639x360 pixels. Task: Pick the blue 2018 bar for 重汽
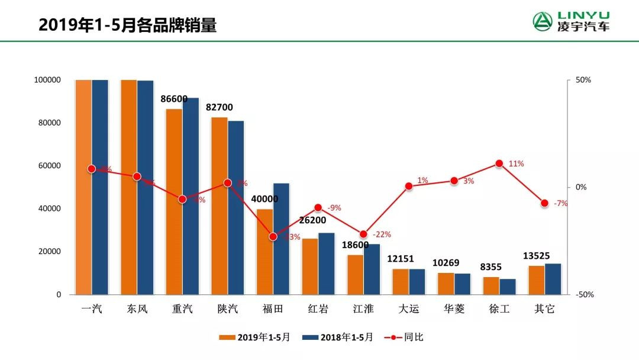191,196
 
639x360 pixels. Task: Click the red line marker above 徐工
499,163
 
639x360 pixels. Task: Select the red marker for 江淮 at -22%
363,234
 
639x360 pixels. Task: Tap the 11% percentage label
516,163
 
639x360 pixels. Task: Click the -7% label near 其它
560,203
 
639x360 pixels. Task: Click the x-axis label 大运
408,308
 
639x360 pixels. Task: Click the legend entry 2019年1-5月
255,337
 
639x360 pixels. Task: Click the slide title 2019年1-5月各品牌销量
127,25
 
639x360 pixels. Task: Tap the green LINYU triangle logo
542,22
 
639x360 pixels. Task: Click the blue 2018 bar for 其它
553,279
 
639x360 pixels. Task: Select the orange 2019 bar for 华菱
446,284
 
